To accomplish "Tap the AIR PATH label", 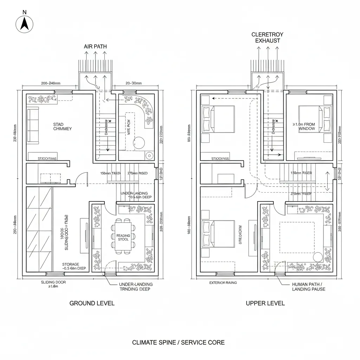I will pos(95,46).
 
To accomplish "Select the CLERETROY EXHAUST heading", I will pos(268,38).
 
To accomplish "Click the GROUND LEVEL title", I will pos(92,303).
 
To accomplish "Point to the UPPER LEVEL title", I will pos(265,303).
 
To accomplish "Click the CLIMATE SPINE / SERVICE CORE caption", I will pos(178,342).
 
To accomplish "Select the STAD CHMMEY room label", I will pos(62,127).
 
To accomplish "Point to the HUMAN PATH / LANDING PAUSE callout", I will pos(309,287).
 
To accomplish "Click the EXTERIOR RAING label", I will pos(223,282).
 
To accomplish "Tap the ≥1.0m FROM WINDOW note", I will pos(304,127).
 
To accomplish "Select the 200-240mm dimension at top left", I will pos(51,83).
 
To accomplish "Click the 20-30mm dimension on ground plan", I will pos(133,83).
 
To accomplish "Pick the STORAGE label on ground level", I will pos(71,264).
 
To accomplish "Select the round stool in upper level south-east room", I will pos(318,257).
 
